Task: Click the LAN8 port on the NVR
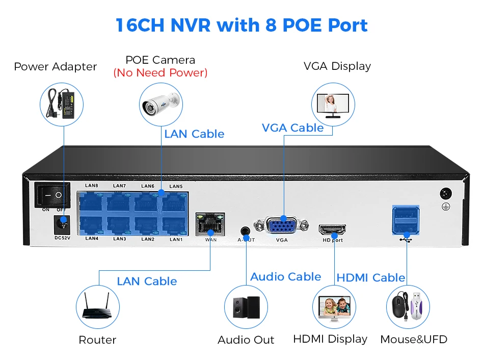(x=92, y=202)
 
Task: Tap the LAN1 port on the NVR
(x=175, y=225)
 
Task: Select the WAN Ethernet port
(x=210, y=225)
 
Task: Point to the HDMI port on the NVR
(x=332, y=229)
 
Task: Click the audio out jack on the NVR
(x=247, y=230)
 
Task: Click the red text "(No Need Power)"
(x=160, y=73)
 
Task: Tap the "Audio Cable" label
(x=286, y=277)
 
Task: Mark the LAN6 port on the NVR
(x=148, y=202)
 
